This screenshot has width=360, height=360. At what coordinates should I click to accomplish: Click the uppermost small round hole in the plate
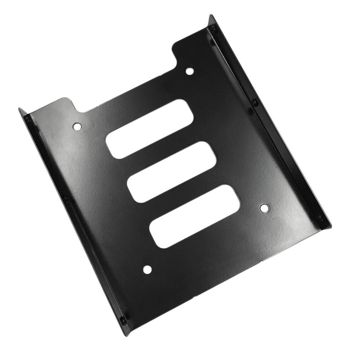(190, 71)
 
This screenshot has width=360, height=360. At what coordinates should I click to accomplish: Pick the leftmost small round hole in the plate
(77, 126)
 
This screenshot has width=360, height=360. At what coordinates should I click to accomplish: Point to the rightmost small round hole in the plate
(264, 208)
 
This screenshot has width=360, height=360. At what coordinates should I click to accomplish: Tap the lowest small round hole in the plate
(147, 269)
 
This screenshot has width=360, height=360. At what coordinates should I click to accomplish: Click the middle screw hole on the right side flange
(254, 102)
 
